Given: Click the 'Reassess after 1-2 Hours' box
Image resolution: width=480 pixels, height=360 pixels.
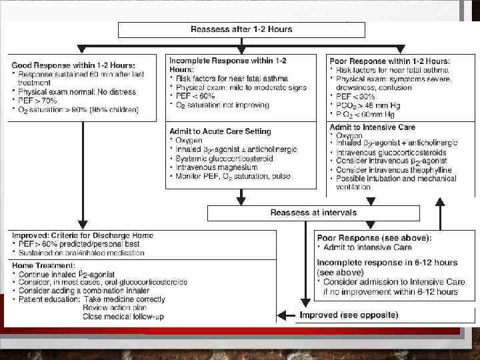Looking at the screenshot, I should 241,29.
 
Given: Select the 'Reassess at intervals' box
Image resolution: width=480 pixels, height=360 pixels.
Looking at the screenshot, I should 313,213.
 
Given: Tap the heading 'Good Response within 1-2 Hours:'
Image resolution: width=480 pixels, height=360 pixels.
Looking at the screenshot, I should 73,65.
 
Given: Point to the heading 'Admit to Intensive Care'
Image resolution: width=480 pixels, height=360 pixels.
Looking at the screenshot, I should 372,127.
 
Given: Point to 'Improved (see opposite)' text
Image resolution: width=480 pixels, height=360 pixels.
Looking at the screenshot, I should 349,315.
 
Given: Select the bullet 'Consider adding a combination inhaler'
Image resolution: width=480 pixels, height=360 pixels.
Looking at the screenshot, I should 90,291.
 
